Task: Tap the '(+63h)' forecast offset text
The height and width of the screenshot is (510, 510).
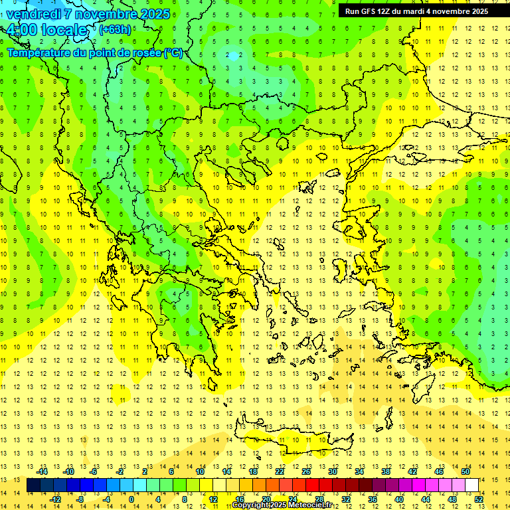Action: click(115, 29)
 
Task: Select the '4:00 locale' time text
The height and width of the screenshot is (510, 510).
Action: click(46, 30)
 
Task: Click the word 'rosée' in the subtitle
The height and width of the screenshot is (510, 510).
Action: click(141, 52)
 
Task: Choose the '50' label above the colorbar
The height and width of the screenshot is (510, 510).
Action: click(465, 471)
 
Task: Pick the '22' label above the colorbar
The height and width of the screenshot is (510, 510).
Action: click(280, 471)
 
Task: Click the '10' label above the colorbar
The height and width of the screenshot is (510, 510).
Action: click(200, 471)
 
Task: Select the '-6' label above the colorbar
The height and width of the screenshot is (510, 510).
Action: click(95, 471)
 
